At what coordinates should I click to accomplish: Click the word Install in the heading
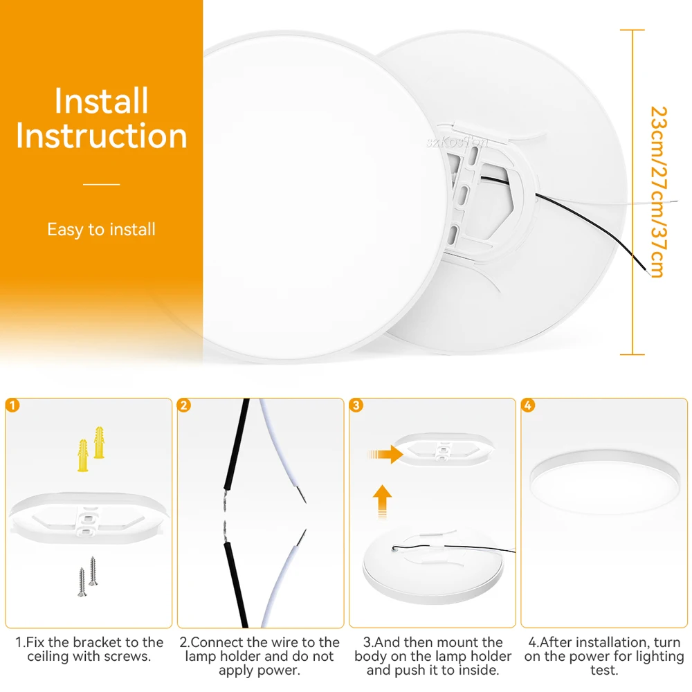click(101, 100)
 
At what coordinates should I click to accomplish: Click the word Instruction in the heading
click(102, 136)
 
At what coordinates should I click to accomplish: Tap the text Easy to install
click(102, 230)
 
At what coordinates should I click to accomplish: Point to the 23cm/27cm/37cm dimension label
click(658, 192)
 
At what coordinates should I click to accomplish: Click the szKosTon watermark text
click(457, 142)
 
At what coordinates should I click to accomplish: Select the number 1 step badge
click(12, 405)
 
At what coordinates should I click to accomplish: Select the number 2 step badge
click(184, 405)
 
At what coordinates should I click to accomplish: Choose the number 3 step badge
click(356, 405)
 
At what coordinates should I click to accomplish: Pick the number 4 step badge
click(528, 405)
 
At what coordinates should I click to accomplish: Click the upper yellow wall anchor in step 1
click(99, 443)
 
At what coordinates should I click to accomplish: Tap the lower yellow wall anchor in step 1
click(83, 455)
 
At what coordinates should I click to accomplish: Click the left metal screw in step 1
click(82, 582)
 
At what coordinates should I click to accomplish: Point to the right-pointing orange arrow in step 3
click(385, 454)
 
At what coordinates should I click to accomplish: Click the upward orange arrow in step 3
click(382, 501)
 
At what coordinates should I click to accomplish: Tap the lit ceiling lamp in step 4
click(605, 482)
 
